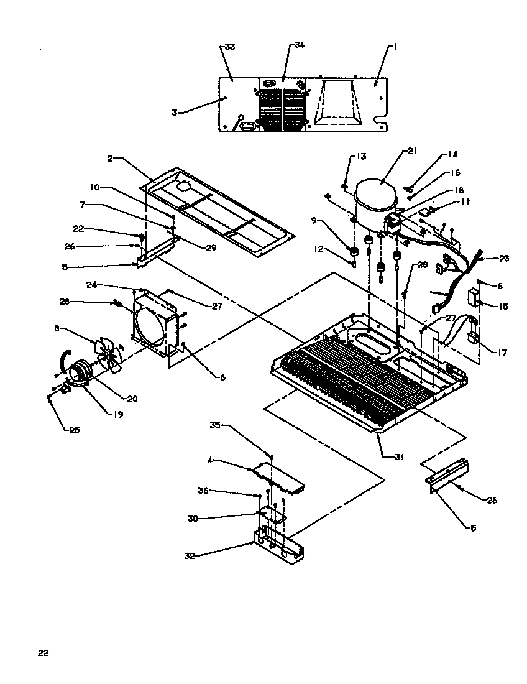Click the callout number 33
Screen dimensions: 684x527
[229, 47]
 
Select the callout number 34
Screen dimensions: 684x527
[300, 45]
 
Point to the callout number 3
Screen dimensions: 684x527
[175, 113]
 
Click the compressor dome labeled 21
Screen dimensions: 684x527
[376, 193]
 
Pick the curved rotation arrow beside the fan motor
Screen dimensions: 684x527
[62, 361]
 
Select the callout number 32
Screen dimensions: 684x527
[190, 556]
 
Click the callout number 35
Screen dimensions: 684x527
[215, 426]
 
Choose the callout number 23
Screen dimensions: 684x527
[503, 258]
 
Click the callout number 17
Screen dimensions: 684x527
[502, 353]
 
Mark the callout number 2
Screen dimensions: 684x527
[109, 159]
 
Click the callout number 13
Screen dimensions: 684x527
[362, 155]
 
